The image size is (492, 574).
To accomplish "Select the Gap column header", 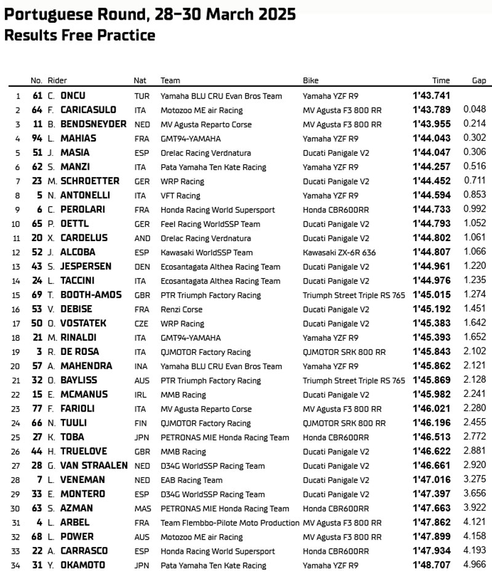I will coord(478,81).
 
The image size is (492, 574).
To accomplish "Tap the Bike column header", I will coord(311,81).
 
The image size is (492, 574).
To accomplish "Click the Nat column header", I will coord(140,81).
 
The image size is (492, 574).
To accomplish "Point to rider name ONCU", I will coord(73,95).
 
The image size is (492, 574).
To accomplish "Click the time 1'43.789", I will coord(431,110).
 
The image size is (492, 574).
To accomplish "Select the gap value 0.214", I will coord(475,124).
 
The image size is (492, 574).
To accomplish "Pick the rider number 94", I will coord(37,138).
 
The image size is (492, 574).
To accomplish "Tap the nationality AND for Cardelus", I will coord(141,238).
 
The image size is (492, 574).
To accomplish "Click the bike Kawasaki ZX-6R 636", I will coord(339,252).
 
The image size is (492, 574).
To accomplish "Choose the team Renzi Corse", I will coord(181,309).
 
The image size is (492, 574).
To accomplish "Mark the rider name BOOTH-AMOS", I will coord(91,295).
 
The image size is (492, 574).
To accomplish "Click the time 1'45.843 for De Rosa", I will coord(431,352).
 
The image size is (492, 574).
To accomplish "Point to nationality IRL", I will coord(140,395).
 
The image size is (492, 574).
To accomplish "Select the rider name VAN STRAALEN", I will coord(94,466).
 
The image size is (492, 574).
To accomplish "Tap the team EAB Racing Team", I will coord(191,480).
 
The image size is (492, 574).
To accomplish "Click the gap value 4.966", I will coord(475,565).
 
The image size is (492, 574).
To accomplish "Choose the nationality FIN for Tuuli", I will coord(140,423).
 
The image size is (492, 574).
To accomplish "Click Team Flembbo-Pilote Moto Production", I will coord(229,523).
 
